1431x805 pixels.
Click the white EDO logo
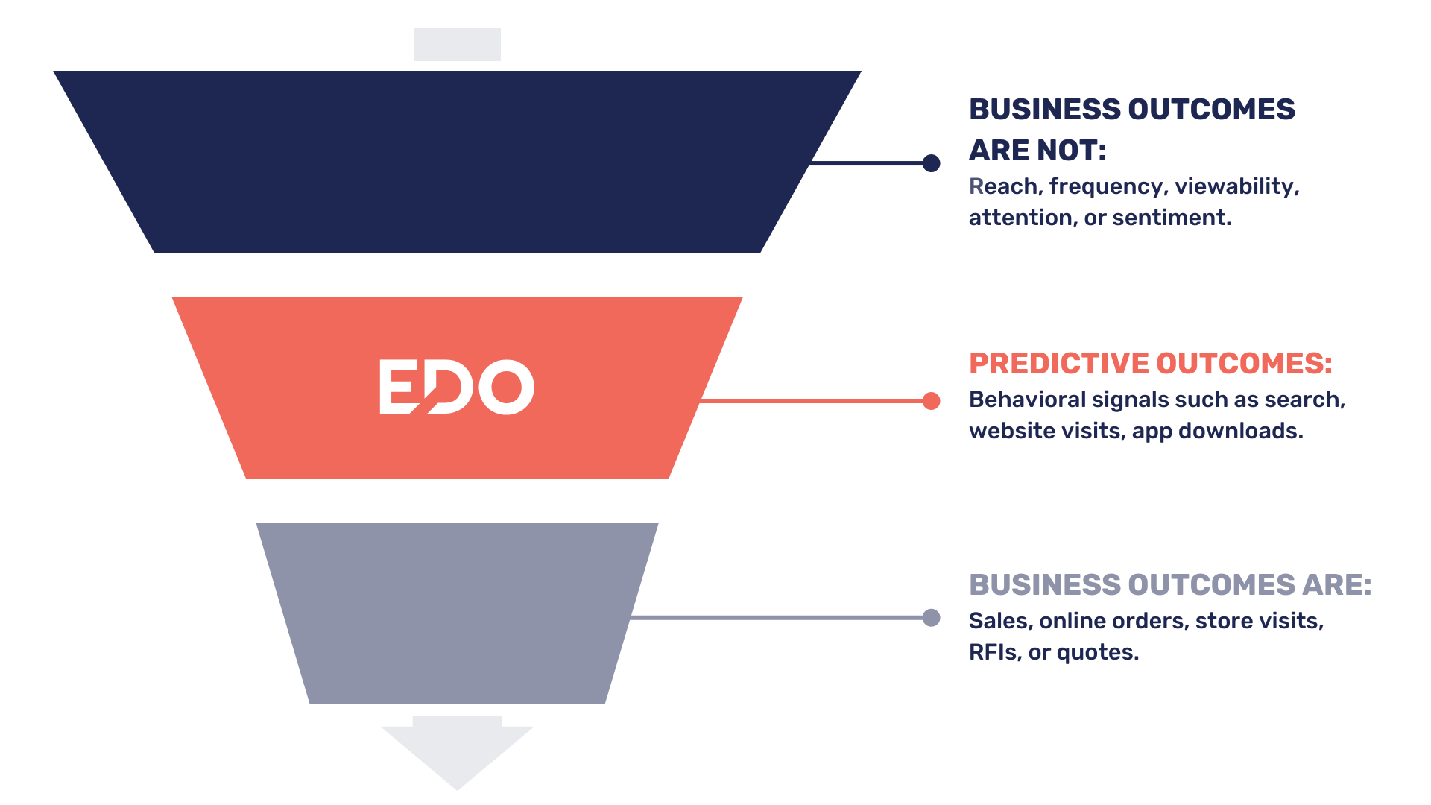pyautogui.click(x=457, y=387)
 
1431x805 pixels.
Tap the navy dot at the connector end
pyautogui.click(x=931, y=163)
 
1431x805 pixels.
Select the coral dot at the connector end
pyautogui.click(x=931, y=401)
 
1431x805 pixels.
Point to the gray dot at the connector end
pyautogui.click(x=931, y=618)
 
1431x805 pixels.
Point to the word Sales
pyautogui.click(x=1001, y=621)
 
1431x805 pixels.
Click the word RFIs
pyautogui.click(x=996, y=652)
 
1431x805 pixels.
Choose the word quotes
pyautogui.click(x=1098, y=653)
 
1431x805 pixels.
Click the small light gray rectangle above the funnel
pyautogui.click(x=457, y=44)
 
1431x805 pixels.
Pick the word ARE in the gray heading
pyautogui.click(x=1336, y=585)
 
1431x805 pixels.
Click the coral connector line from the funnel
pyautogui.click(x=812, y=401)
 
